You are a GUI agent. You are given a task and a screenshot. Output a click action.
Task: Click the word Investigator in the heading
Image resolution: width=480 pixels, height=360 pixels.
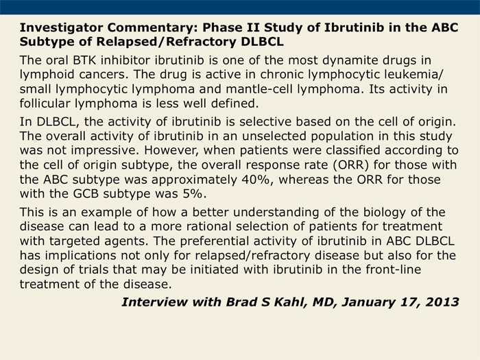coord(61,28)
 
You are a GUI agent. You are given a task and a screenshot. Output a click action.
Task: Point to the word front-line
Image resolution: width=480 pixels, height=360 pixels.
coord(394,269)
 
